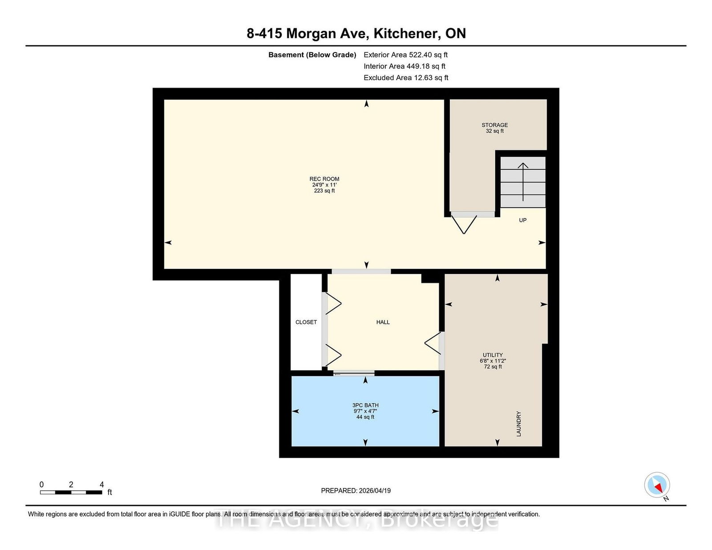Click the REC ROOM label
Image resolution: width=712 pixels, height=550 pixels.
324,179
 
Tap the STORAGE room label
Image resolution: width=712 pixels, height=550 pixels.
494,125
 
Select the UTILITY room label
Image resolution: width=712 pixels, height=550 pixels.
493,355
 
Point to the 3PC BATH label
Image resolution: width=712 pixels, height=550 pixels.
365,405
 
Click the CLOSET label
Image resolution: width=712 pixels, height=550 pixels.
306,322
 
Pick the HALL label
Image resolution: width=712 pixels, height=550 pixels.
383,322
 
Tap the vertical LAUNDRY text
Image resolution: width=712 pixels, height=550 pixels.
518,424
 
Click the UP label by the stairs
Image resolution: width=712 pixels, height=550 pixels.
522,220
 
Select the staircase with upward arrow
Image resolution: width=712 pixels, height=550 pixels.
523,182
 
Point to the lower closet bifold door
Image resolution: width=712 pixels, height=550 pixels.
333,355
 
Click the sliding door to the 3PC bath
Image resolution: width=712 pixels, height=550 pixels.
354,374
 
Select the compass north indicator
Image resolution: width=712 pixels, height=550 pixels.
657,485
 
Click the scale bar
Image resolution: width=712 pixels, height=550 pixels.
71,492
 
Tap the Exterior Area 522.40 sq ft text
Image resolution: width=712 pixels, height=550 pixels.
405,55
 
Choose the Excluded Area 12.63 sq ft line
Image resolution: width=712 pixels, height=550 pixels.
406,78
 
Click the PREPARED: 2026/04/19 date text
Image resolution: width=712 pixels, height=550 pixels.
356,490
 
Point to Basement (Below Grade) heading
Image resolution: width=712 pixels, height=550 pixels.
312,55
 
